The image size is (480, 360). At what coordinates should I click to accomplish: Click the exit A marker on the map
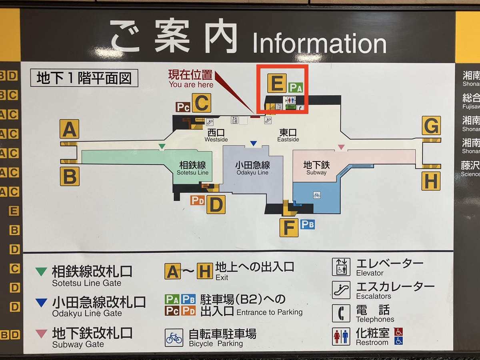[69, 129]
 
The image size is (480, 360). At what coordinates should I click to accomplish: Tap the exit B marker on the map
[70, 176]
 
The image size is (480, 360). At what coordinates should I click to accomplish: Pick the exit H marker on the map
[431, 181]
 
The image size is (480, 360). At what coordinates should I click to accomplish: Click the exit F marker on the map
[289, 228]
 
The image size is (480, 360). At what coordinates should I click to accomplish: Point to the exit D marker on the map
[216, 204]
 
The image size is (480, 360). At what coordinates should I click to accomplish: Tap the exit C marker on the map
[201, 103]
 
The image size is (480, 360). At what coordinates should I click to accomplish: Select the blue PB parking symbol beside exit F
[308, 224]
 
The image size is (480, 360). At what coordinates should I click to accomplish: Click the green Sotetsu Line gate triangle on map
[162, 146]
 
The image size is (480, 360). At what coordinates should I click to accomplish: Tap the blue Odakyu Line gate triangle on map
[253, 143]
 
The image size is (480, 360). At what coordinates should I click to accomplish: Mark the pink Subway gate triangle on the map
[341, 147]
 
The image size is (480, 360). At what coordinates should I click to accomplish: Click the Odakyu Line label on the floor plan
[252, 168]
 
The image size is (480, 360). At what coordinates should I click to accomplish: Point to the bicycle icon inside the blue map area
[317, 195]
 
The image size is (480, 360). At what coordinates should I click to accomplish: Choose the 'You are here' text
[191, 84]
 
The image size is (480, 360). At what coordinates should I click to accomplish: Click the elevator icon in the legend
[341, 267]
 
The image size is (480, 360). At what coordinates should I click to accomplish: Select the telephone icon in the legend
[341, 313]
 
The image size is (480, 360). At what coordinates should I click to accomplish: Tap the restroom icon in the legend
[341, 336]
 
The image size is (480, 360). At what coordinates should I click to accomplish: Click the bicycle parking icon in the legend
[174, 338]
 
